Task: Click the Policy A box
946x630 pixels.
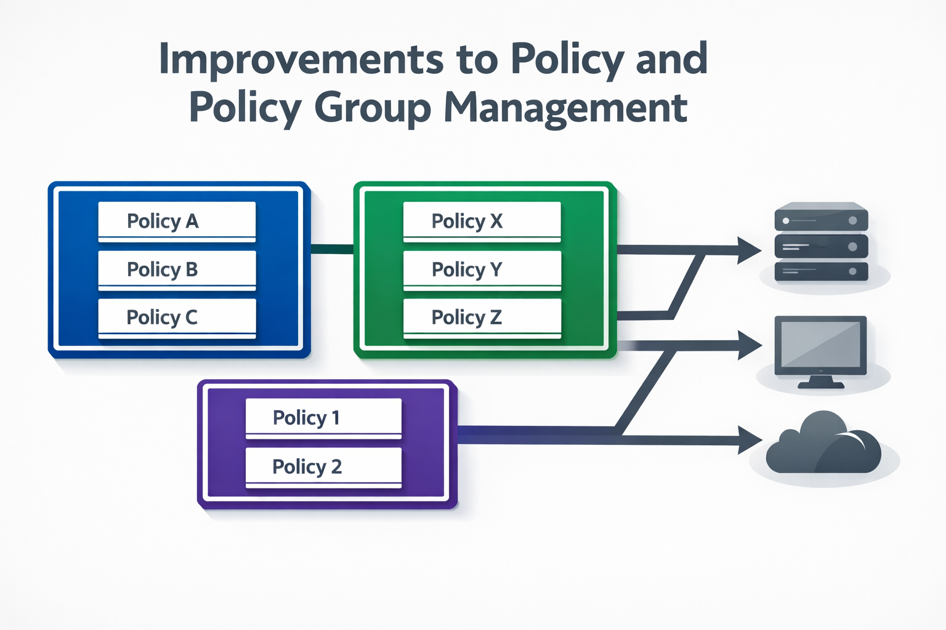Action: [177, 221]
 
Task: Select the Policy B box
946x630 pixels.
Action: [177, 270]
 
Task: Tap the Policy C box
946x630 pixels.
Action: [177, 318]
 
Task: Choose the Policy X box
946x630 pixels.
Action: [482, 221]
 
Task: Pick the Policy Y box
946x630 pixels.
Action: [482, 270]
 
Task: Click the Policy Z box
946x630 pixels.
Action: [482, 318]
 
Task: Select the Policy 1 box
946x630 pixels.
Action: [323, 418]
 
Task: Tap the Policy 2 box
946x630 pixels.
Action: [323, 468]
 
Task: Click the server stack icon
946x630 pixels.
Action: [821, 242]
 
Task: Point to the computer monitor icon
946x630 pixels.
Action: [820, 351]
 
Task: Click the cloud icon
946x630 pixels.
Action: [823, 442]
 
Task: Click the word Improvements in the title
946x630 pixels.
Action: [302, 59]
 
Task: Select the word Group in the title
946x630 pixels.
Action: [373, 108]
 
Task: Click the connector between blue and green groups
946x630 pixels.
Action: [332, 249]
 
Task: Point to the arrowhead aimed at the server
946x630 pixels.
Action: [748, 250]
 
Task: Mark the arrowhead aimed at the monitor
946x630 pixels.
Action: [749, 345]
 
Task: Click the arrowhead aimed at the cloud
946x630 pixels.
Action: [749, 440]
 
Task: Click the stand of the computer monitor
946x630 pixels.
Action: [820, 382]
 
